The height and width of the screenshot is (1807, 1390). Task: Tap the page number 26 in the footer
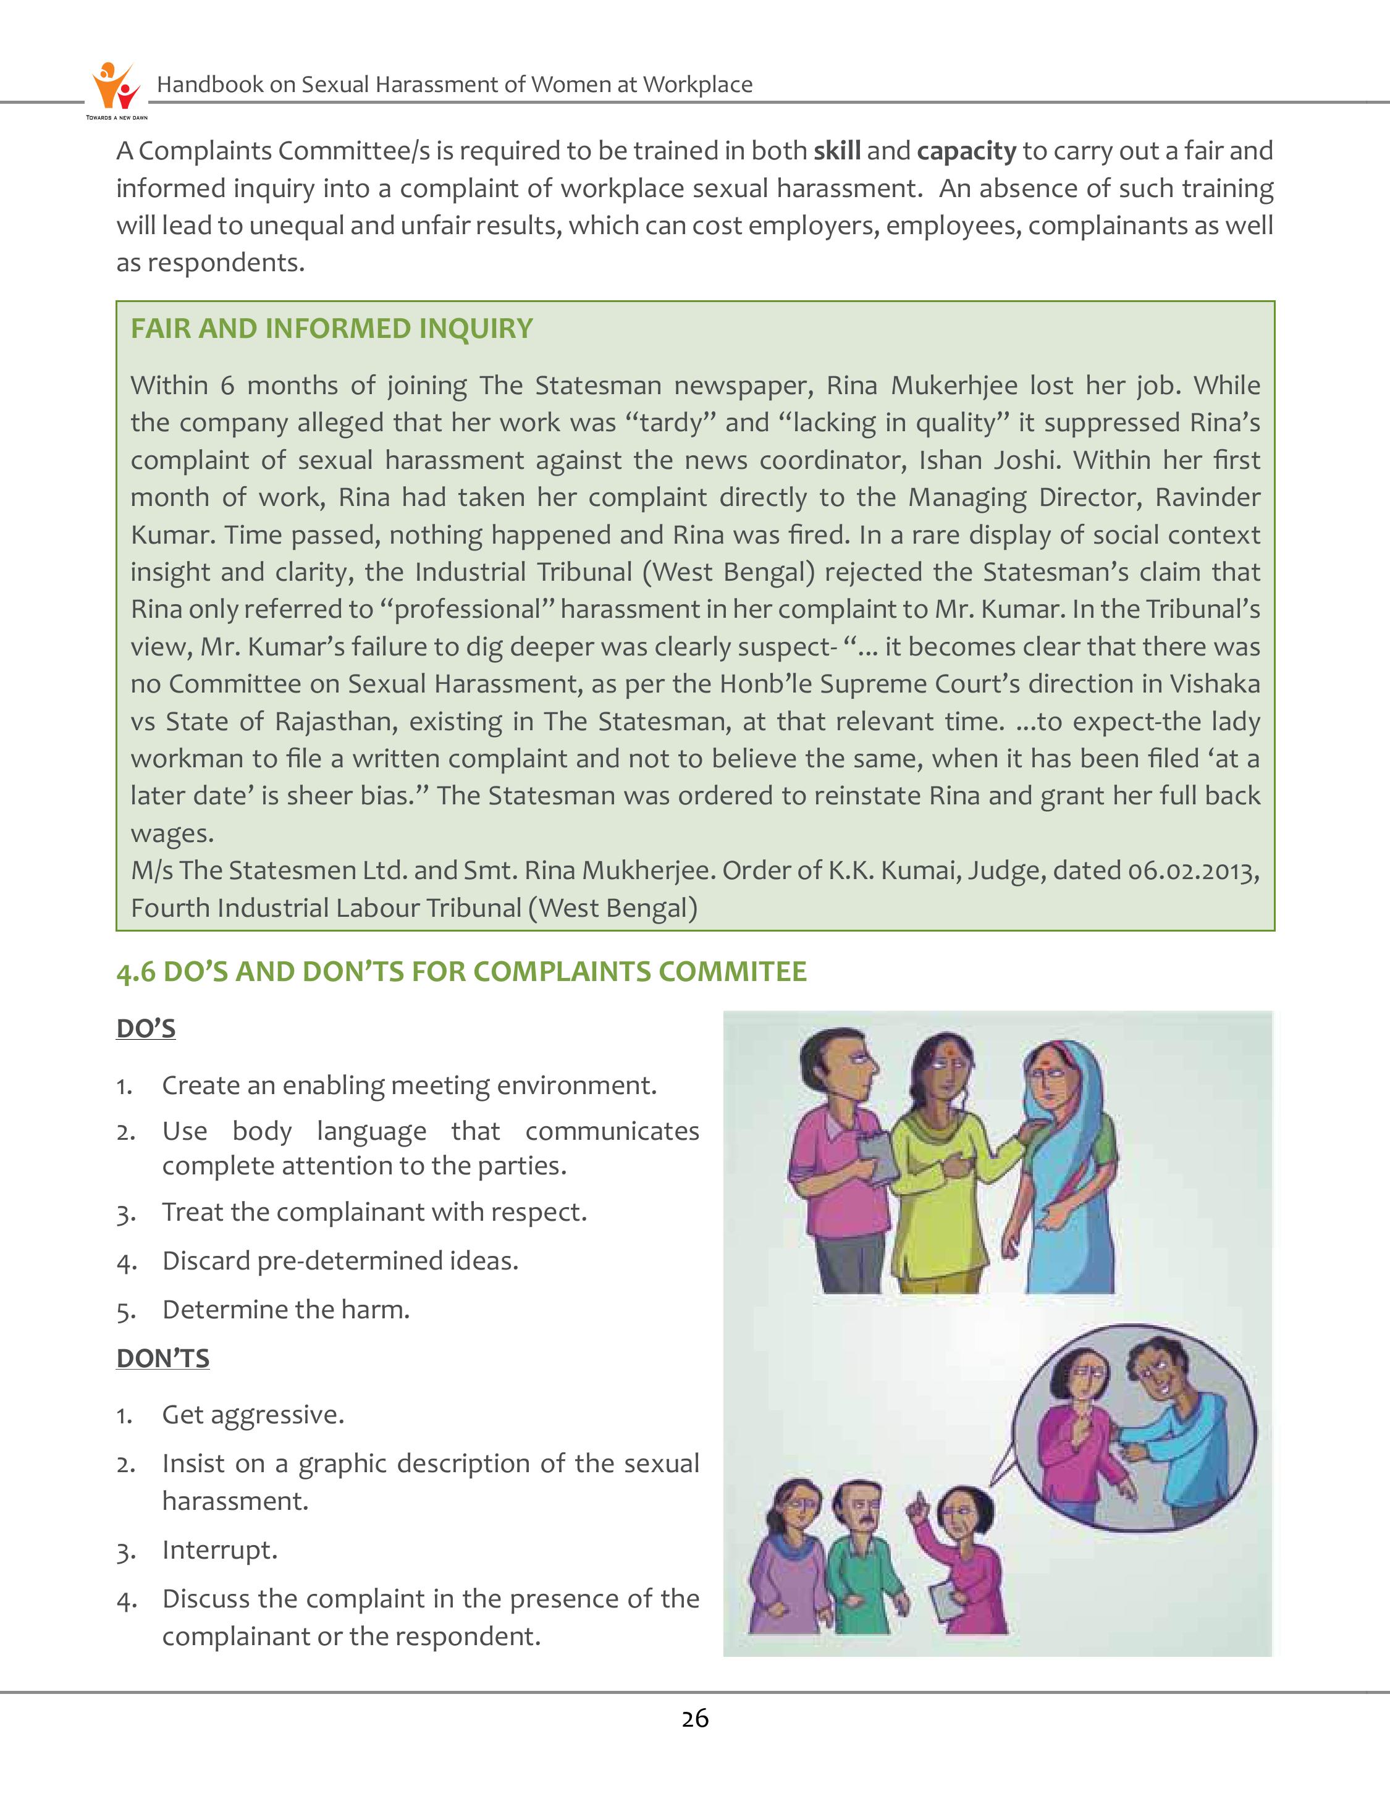tap(695, 1719)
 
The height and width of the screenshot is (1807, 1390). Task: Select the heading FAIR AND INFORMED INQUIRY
tap(331, 329)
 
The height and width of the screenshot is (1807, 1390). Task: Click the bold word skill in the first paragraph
tap(837, 151)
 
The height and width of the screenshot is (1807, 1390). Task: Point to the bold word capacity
tap(966, 151)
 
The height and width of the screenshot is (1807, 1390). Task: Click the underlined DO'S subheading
tap(146, 1029)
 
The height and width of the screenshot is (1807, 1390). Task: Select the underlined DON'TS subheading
tap(163, 1358)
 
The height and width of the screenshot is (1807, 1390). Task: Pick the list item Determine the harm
tap(285, 1310)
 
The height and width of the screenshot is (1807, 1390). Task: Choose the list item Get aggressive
tap(252, 1415)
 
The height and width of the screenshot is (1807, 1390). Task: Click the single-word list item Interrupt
tap(219, 1549)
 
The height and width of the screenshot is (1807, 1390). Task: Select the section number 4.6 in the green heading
tap(136, 971)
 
